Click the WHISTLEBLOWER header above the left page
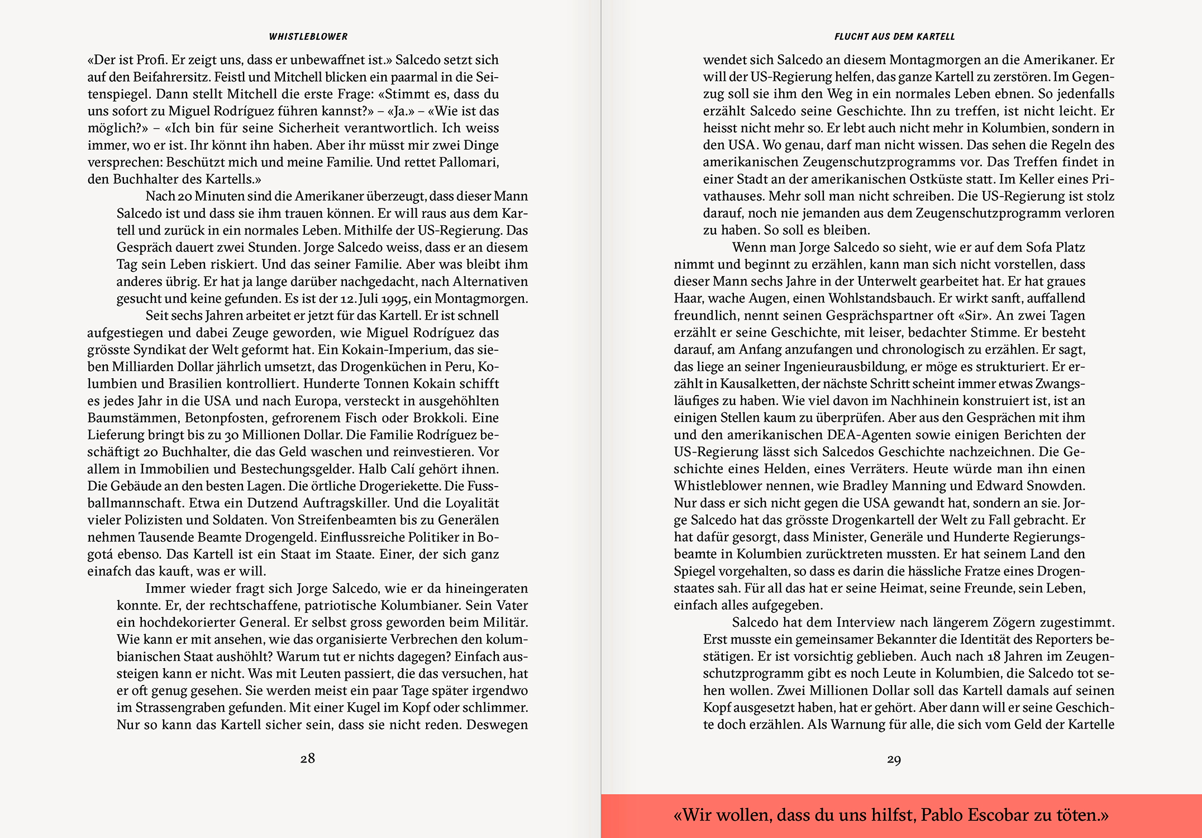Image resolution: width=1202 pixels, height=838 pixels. click(x=308, y=37)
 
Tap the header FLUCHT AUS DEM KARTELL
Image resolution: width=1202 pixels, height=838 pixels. click(x=894, y=37)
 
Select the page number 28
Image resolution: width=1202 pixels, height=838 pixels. click(x=308, y=758)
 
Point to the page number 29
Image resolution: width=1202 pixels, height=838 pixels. click(x=894, y=759)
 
